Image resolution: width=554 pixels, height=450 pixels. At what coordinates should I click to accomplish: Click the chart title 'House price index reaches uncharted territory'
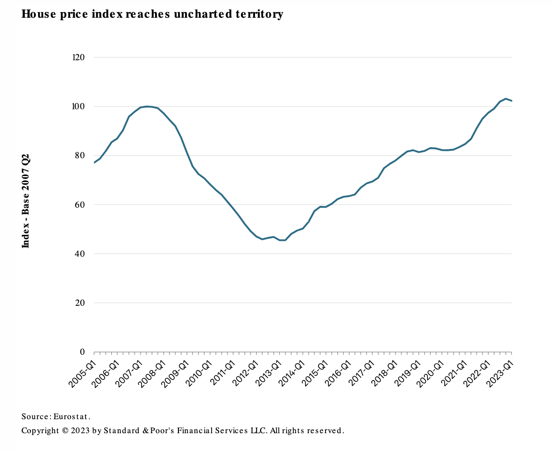[152, 14]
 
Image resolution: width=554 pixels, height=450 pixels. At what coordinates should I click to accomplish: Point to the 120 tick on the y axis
[78, 57]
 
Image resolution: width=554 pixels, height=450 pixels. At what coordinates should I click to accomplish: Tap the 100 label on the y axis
[78, 106]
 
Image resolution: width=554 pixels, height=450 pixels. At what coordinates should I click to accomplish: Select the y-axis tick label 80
[80, 155]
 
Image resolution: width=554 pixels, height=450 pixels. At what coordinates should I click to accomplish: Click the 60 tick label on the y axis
[80, 204]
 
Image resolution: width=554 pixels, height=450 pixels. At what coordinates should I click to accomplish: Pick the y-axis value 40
[80, 254]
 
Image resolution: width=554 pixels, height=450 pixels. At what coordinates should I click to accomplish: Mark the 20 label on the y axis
[80, 303]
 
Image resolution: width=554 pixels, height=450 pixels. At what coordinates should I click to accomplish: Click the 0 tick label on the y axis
[82, 352]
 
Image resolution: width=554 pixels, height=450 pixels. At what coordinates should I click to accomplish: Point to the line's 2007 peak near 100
[147, 106]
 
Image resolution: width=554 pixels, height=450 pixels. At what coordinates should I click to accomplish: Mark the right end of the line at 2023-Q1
[511, 101]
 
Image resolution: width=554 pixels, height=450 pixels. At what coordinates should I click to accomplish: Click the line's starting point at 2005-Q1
[94, 162]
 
